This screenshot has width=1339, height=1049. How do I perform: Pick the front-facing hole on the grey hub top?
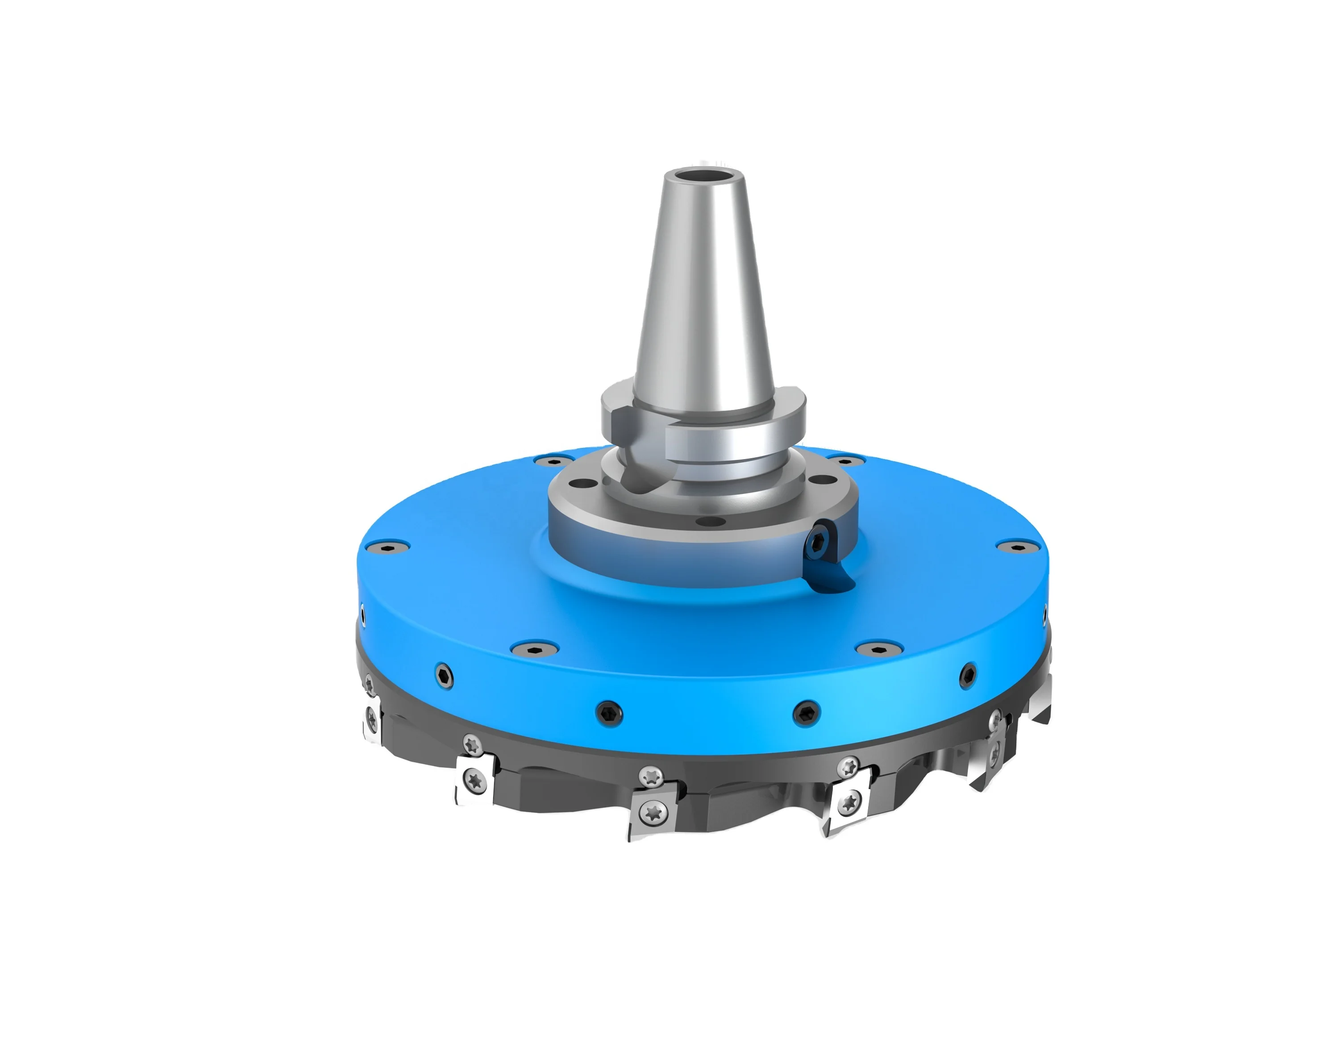(x=711, y=522)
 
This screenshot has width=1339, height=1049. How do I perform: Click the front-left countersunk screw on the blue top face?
(x=535, y=646)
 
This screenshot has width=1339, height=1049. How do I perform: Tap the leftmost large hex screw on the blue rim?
(x=443, y=676)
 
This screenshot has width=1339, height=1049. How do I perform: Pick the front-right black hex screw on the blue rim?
(x=806, y=712)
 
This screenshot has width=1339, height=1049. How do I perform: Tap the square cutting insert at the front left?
(x=474, y=781)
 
